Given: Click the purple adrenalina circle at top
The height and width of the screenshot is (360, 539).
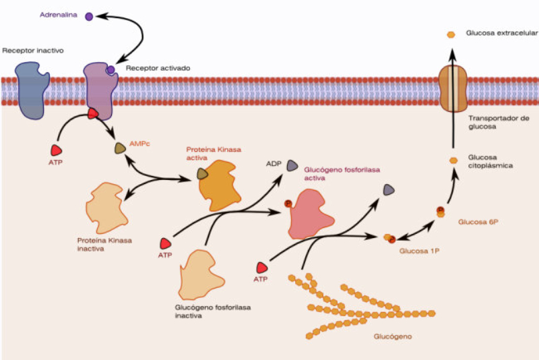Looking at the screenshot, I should pyautogui.click(x=89, y=16).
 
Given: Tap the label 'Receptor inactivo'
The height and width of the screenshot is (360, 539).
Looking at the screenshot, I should pyautogui.click(x=33, y=51).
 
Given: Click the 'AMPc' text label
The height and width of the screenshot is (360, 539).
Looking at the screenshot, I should pyautogui.click(x=139, y=144).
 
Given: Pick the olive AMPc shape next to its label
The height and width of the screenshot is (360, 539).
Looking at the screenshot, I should pyautogui.click(x=120, y=148).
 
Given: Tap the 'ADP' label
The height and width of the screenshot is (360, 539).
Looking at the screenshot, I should pyautogui.click(x=274, y=163).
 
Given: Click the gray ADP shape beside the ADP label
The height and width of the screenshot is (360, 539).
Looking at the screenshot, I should pyautogui.click(x=292, y=165).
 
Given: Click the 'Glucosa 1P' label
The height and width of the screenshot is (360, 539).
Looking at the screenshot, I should pyautogui.click(x=418, y=251).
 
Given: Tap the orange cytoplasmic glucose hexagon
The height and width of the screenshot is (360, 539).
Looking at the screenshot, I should pyautogui.click(x=453, y=160).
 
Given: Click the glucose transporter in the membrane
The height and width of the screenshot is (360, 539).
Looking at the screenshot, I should pyautogui.click(x=453, y=88).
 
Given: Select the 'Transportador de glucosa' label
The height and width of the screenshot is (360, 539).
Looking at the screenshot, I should pyautogui.click(x=491, y=121).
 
